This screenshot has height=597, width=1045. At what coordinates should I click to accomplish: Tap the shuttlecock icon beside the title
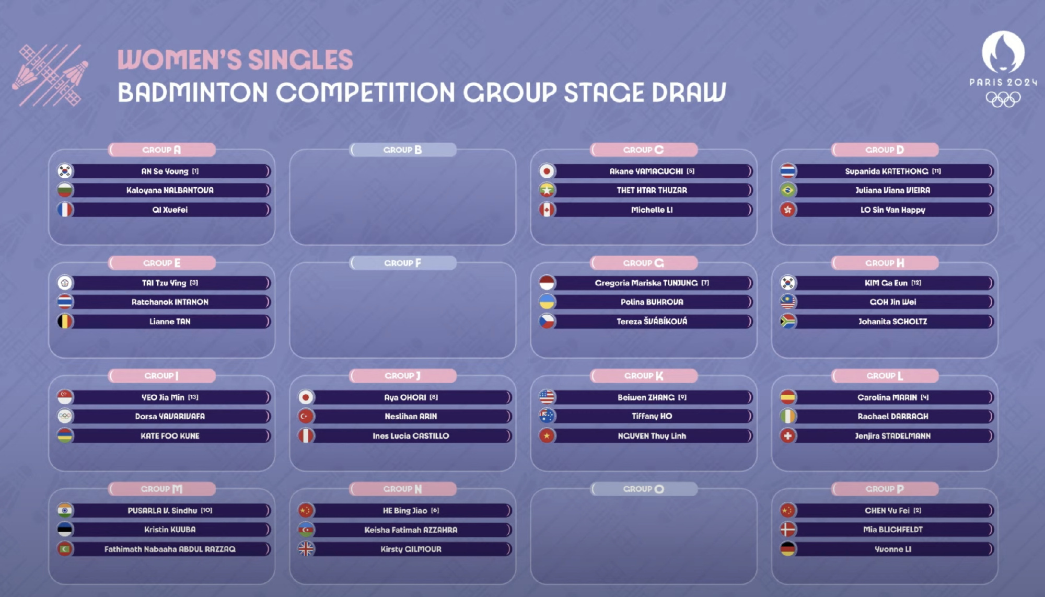coord(50,75)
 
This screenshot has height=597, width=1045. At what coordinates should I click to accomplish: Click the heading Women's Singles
coord(235,60)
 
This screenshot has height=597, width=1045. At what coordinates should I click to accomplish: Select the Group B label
coord(403,150)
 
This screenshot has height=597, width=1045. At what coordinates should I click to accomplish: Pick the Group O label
coord(644,489)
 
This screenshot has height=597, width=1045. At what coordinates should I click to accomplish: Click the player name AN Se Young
coord(165,171)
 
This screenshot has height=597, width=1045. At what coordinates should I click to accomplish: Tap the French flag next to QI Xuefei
coord(65,210)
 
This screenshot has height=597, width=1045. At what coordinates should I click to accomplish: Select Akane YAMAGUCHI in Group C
coord(646,171)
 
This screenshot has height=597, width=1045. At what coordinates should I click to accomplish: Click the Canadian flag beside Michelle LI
coord(547,210)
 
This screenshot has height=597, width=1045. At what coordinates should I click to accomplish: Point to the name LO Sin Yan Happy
coord(893,210)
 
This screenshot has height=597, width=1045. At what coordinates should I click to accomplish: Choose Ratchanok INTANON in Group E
coord(170,302)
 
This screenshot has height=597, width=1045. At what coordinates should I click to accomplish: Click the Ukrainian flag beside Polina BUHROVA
coord(547,302)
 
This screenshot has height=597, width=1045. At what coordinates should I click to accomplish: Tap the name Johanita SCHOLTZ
coord(893,321)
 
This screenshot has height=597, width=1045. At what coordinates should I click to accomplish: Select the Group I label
coord(161,375)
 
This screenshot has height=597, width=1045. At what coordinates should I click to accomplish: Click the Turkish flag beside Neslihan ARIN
coord(306,416)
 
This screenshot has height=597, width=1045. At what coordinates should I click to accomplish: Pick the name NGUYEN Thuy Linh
coord(652,435)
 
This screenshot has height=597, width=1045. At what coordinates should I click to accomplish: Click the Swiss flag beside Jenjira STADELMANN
coord(788,435)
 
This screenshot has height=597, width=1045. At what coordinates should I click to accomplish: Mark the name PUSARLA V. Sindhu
coord(162,510)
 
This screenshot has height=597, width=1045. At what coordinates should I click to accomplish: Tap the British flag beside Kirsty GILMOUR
coord(306,549)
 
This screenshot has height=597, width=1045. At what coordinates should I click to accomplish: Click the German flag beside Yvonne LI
coord(788,549)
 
